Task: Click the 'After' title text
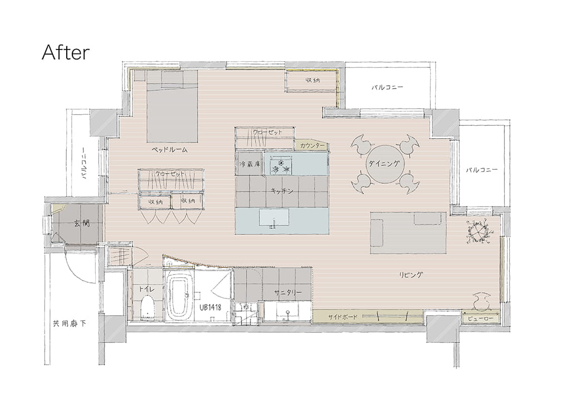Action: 66,52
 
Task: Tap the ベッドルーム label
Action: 169,149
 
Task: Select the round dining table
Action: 385,164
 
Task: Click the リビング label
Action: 411,275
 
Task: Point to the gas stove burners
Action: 281,165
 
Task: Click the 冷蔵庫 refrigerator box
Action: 250,164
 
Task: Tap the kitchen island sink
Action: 274,219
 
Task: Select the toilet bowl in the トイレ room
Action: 148,307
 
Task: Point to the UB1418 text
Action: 210,308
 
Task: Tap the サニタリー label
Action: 288,292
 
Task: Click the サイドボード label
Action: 343,317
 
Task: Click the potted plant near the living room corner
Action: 479,232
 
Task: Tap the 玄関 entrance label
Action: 81,223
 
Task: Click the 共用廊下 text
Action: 70,323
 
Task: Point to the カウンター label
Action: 312,145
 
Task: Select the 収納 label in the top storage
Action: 313,80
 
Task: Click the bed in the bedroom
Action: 173,106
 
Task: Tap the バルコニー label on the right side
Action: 481,170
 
